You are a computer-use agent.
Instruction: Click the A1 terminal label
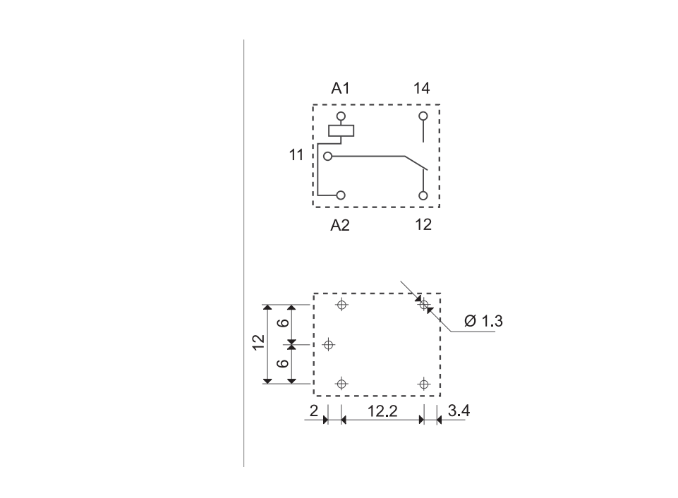(340, 88)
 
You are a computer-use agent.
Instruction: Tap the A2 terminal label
(340, 225)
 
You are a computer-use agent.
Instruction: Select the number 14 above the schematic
(422, 88)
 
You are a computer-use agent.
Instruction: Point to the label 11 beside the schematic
(296, 154)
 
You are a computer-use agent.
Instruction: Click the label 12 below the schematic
(423, 224)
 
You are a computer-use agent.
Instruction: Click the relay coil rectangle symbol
(341, 130)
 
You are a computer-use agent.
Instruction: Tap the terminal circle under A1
(341, 116)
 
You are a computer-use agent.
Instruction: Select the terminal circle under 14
(423, 116)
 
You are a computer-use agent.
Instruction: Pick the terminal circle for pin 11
(328, 156)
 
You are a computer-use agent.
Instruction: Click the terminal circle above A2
(341, 195)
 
